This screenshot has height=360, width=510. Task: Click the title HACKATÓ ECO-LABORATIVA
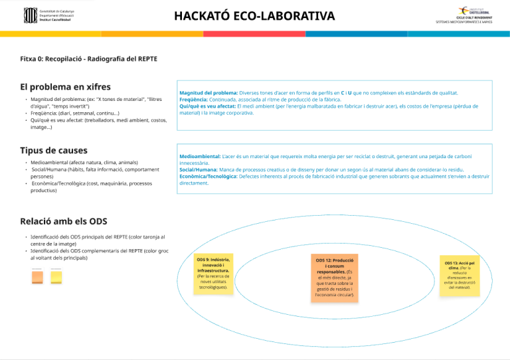coord(254,15)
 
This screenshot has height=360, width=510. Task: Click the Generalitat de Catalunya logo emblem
coord(31,15)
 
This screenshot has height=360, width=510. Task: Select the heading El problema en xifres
coord(65,86)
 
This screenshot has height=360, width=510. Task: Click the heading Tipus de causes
coord(54,151)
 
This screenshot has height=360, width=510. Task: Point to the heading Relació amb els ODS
coord(64,221)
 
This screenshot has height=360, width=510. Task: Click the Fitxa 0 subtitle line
coord(88,58)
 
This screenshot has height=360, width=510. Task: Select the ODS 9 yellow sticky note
coord(213,273)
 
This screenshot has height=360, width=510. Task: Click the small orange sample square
coord(38,276)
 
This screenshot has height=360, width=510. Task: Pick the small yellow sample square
coord(56,276)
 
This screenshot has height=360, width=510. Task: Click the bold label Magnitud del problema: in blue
coord(209,93)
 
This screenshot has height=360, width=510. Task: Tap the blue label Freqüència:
coord(195,100)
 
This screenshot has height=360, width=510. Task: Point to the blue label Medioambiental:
coord(200,156)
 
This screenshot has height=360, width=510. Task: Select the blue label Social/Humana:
coord(198,170)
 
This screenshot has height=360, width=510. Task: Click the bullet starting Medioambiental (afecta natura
coord(84,162)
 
